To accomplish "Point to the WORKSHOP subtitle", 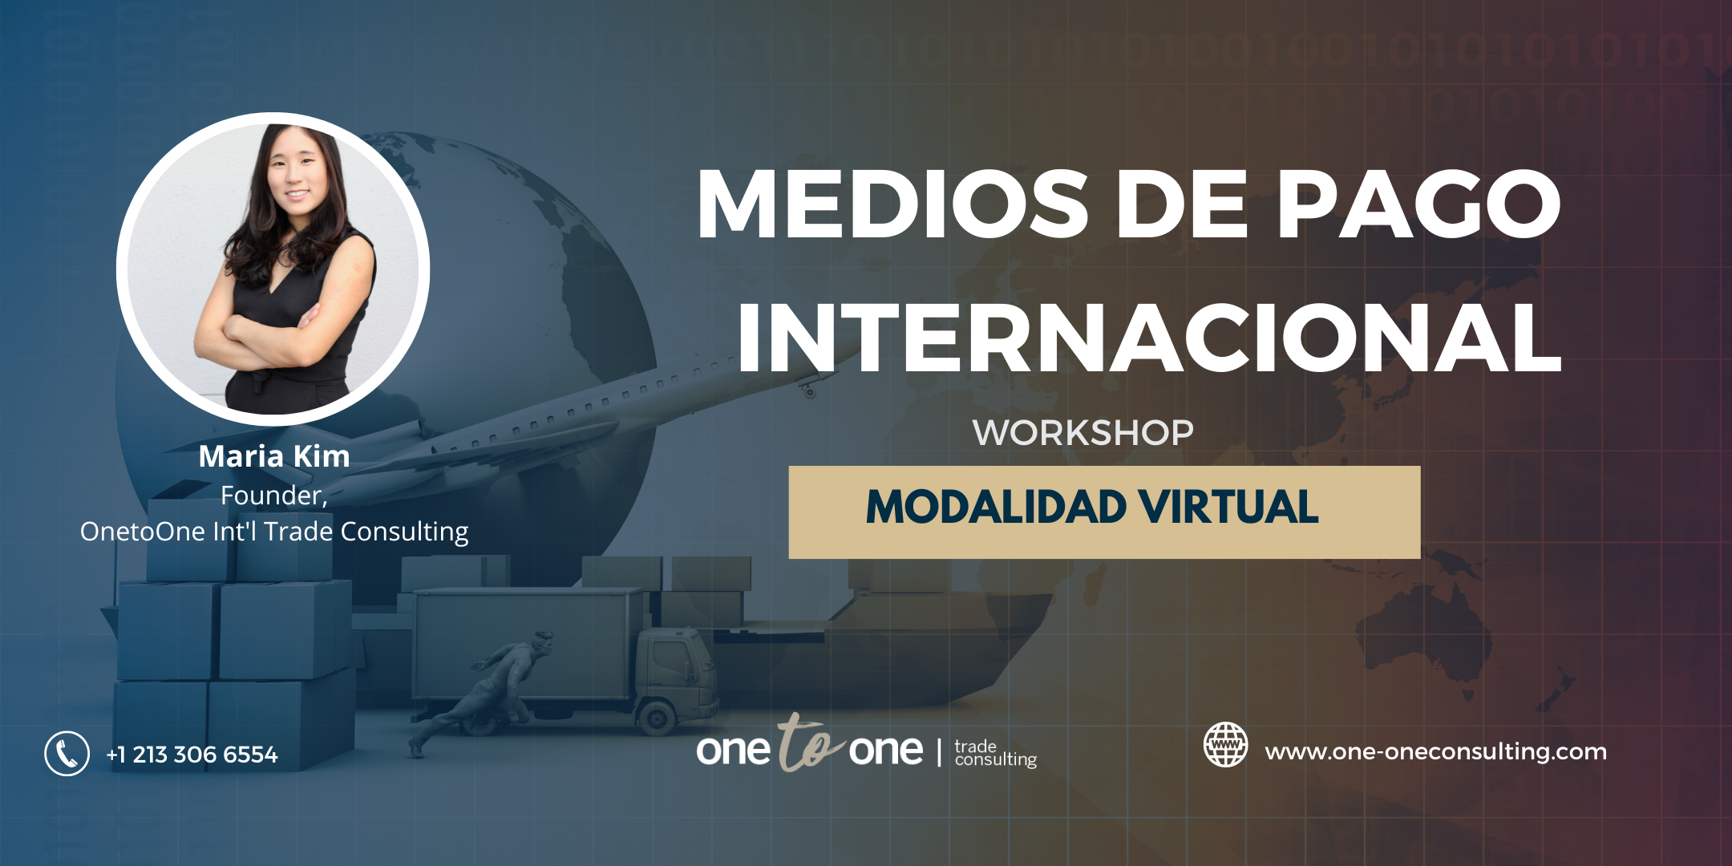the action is click(x=1082, y=433).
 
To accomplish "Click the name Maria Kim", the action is click(x=274, y=456).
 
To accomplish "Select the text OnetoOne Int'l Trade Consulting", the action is click(x=274, y=532).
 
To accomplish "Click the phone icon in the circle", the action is click(x=67, y=754).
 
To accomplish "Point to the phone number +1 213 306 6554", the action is click(x=192, y=755).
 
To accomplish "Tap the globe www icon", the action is click(x=1225, y=745).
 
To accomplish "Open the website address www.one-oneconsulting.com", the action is click(x=1435, y=752).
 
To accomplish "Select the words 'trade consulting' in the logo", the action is click(x=995, y=754).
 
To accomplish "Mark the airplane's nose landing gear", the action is click(x=808, y=391).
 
